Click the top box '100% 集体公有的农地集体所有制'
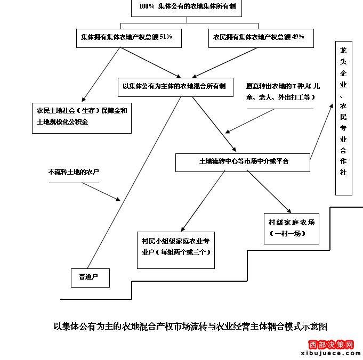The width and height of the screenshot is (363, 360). point(176,7)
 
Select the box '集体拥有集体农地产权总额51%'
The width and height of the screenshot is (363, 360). point(126,37)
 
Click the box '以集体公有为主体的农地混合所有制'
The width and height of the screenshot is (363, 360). point(175,86)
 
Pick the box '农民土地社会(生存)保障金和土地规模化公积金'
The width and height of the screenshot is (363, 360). point(82,117)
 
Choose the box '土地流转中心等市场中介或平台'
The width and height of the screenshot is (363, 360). point(243,161)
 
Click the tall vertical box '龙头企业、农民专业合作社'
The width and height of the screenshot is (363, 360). point(343,118)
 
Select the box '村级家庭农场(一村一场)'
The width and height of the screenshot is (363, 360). point(291,228)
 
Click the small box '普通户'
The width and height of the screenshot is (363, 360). point(90,277)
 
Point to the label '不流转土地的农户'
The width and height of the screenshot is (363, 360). point(74,172)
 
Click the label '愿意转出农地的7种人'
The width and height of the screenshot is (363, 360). point(283,91)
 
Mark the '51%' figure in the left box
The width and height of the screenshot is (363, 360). point(165,37)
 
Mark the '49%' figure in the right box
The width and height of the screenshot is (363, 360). point(299,37)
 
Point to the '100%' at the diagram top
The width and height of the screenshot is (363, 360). point(147,6)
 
